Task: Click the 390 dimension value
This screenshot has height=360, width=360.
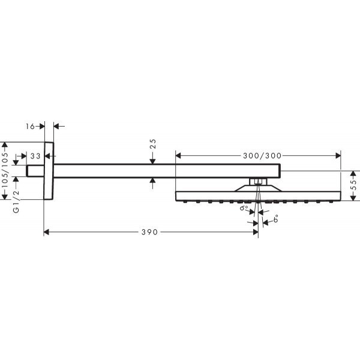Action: (x=151, y=232)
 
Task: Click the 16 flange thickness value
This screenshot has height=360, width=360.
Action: (x=31, y=126)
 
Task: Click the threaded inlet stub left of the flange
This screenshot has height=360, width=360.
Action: (x=35, y=171)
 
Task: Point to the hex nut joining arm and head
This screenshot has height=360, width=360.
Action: (x=257, y=181)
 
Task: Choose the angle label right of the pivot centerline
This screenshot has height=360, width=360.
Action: (x=275, y=220)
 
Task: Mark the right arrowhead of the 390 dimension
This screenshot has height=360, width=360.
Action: (x=254, y=232)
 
